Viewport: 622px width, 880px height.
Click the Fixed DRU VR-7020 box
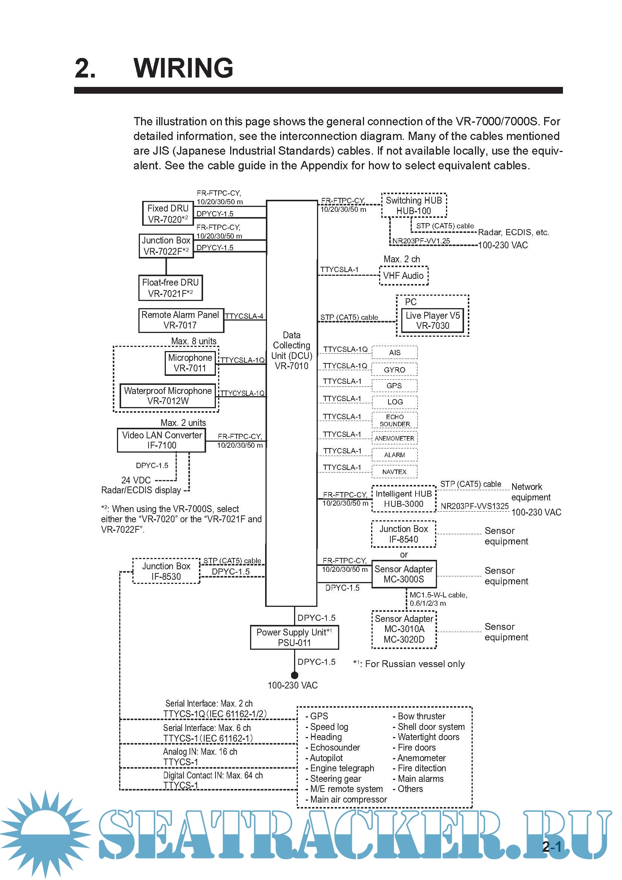point(168,213)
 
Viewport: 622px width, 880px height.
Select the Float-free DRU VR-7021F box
point(170,288)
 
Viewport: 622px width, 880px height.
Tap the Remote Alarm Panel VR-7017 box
point(181,320)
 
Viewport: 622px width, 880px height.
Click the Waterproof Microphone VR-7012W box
point(168,395)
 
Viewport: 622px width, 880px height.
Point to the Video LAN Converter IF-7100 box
point(162,440)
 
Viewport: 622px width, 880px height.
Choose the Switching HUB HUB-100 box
point(414,205)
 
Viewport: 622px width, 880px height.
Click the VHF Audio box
point(404,275)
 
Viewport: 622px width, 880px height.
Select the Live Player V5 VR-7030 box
point(432,321)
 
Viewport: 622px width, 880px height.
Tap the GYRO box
point(394,369)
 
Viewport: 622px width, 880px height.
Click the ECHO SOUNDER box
point(394,420)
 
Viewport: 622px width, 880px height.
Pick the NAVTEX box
point(394,471)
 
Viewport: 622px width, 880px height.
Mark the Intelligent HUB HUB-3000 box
point(404,499)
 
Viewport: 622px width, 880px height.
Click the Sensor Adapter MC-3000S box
point(404,574)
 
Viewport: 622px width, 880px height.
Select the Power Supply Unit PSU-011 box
point(294,637)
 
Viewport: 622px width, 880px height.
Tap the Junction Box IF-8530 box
point(166,571)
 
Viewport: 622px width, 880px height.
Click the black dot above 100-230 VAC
point(294,675)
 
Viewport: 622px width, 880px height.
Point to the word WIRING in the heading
point(184,68)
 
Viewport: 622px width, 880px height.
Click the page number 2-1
point(552,846)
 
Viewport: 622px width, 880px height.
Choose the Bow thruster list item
point(421,716)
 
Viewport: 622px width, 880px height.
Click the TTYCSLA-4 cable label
point(244,316)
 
